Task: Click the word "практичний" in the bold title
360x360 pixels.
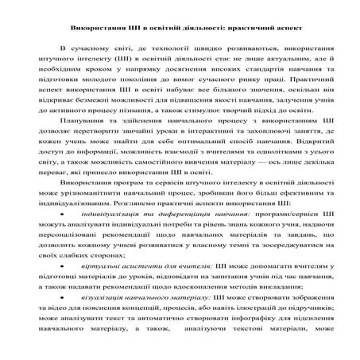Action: point(241,26)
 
